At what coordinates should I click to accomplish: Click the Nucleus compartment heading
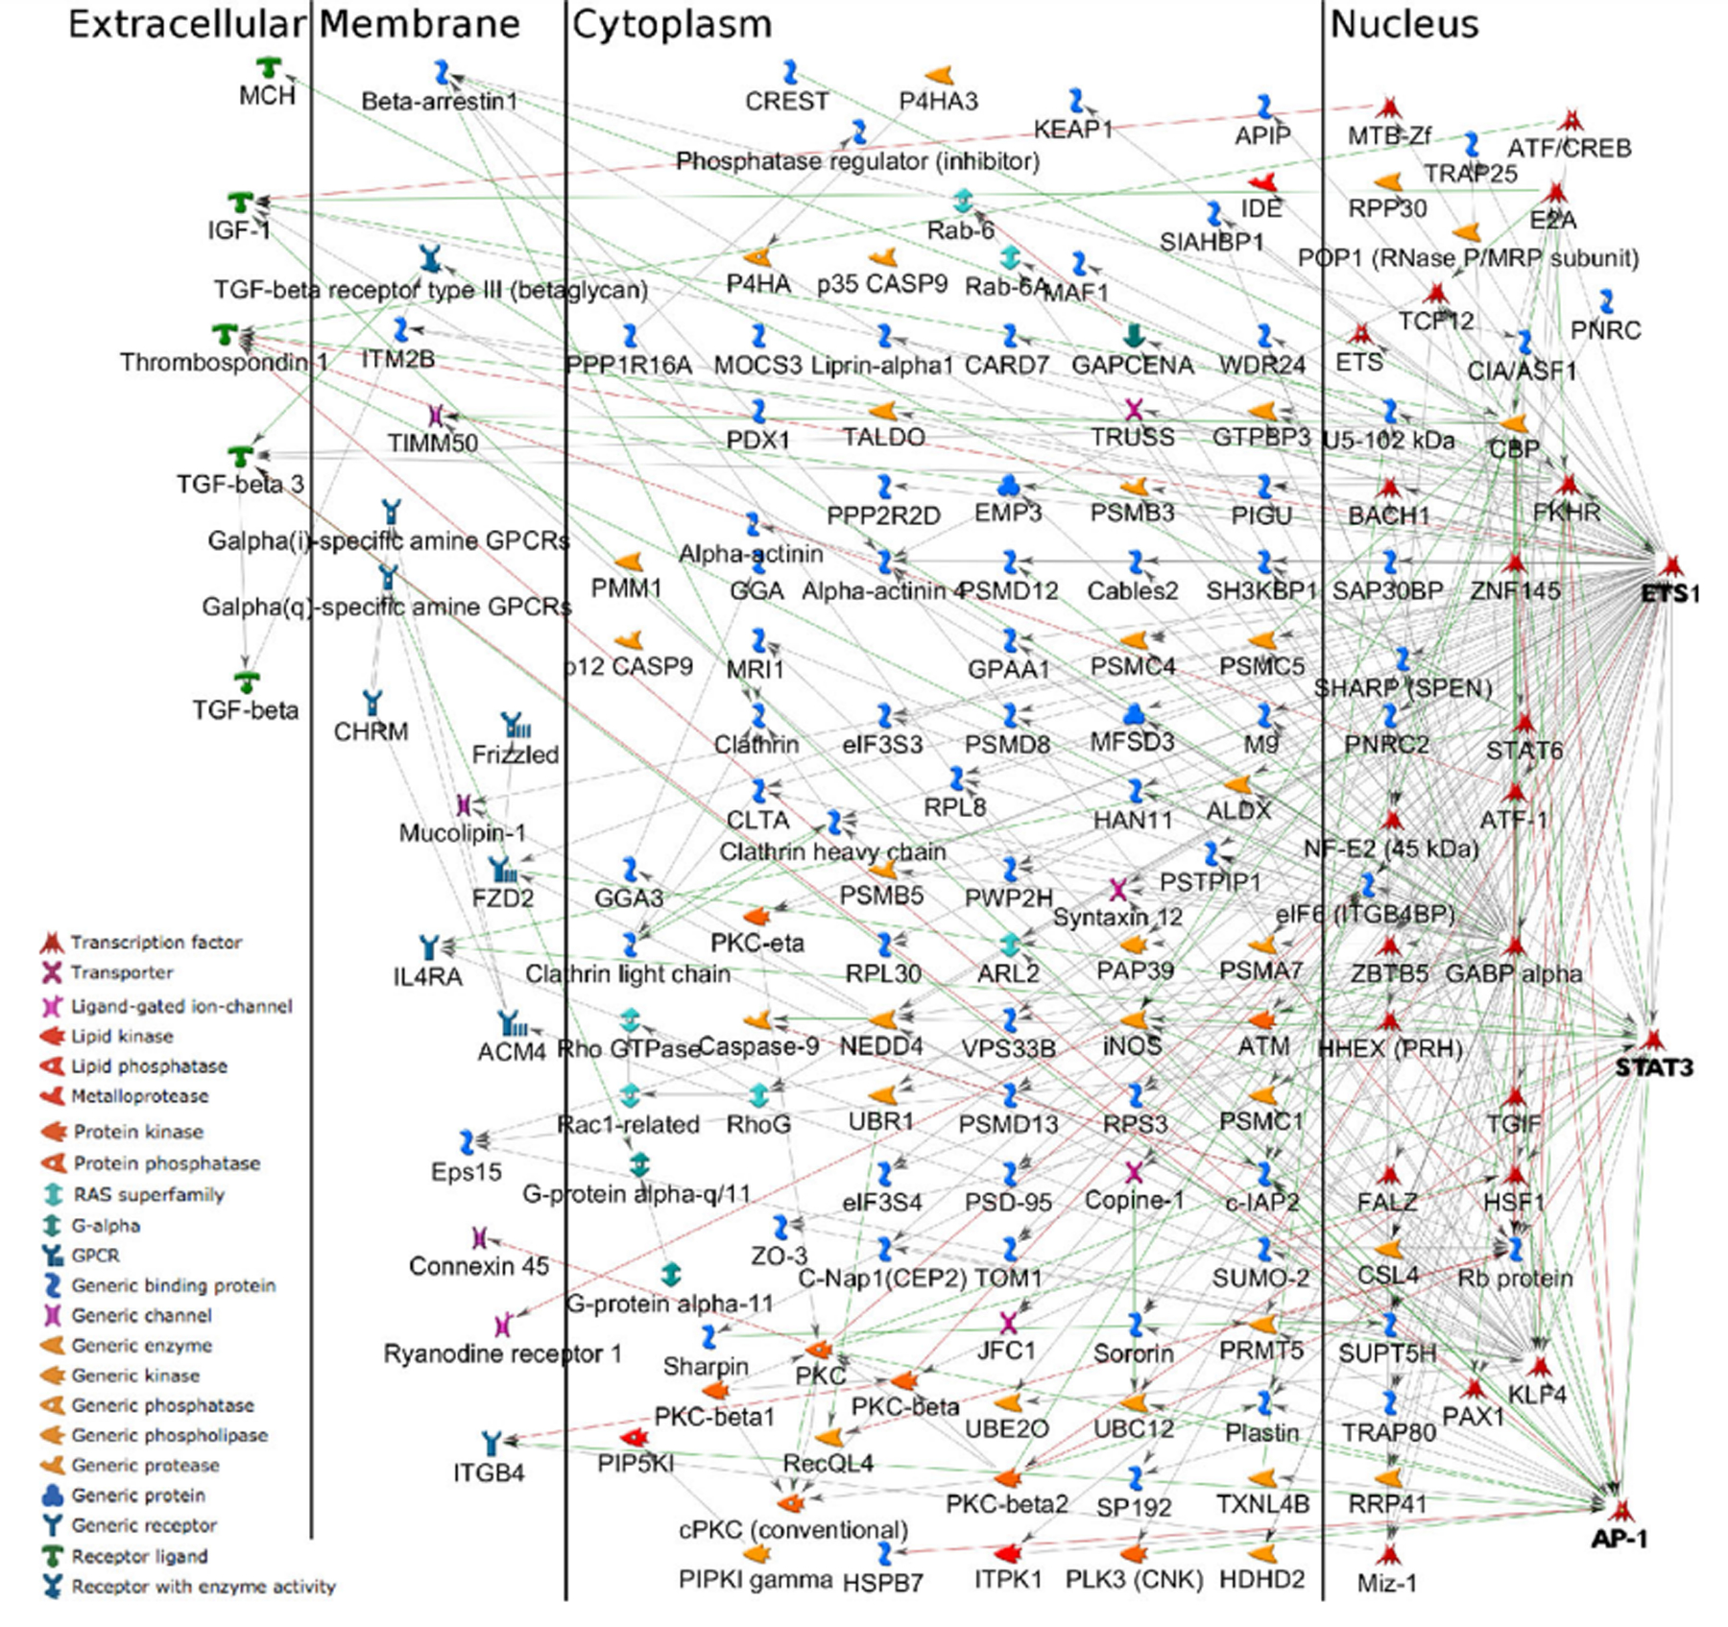1404,25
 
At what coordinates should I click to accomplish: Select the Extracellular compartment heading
186,25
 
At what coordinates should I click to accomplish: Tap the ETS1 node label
1670,594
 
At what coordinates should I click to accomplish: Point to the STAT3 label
1653,1067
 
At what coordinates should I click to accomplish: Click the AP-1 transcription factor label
1620,1539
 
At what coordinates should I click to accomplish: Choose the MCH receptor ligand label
267,96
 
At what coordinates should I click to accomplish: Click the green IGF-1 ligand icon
240,203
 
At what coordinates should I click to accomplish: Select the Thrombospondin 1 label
224,363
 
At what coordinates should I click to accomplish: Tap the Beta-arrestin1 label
440,101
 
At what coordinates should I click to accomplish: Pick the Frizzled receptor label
516,754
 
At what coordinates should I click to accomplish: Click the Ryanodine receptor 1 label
502,1353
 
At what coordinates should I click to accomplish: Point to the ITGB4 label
490,1471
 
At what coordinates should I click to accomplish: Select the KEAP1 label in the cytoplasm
1072,130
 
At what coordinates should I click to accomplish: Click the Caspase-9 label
758,1046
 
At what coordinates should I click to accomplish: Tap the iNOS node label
1132,1046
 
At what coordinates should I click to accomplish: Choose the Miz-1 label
1386,1582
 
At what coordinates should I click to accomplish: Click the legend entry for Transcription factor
156,943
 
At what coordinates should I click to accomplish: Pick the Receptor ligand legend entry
139,1556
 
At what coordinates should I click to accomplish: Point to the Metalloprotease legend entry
139,1096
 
